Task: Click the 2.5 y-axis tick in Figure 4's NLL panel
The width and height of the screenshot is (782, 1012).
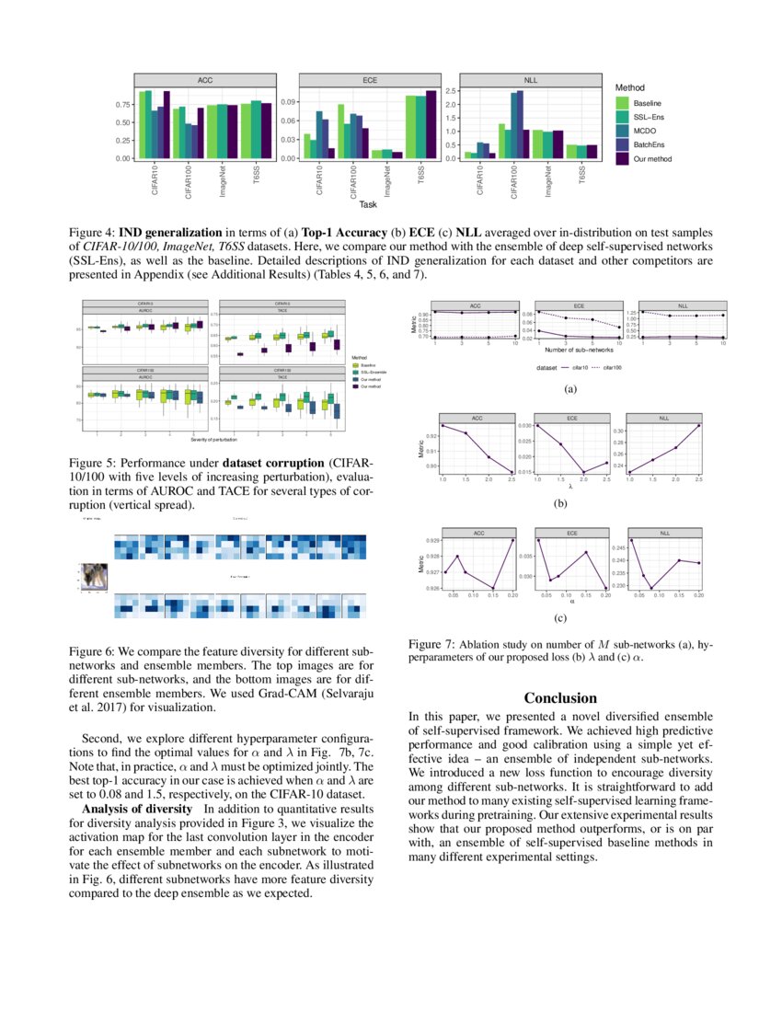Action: click(x=452, y=91)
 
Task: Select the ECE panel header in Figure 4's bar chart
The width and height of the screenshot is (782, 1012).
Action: click(x=369, y=80)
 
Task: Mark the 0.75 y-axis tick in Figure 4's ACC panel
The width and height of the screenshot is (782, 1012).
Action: click(x=121, y=105)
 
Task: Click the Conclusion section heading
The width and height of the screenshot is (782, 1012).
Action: click(x=560, y=698)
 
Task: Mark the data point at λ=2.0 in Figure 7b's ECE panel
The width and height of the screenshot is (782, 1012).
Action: click(x=583, y=472)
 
